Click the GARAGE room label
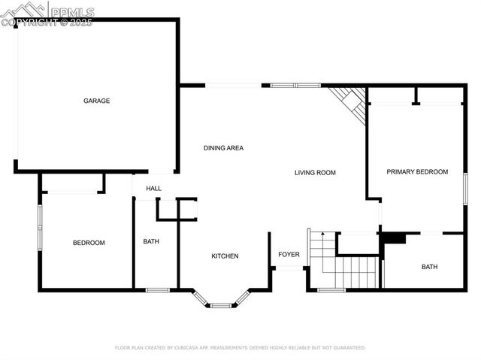[97, 101]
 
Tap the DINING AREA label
[223, 148]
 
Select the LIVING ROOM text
[314, 173]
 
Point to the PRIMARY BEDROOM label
[417, 172]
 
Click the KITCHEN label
[225, 256]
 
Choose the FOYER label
[289, 255]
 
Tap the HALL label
[153, 189]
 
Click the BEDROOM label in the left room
[89, 243]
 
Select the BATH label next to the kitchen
[151, 242]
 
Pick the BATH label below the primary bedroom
[429, 267]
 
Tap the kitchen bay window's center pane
[220, 306]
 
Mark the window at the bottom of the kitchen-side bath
[157, 290]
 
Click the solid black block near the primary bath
[393, 238]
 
